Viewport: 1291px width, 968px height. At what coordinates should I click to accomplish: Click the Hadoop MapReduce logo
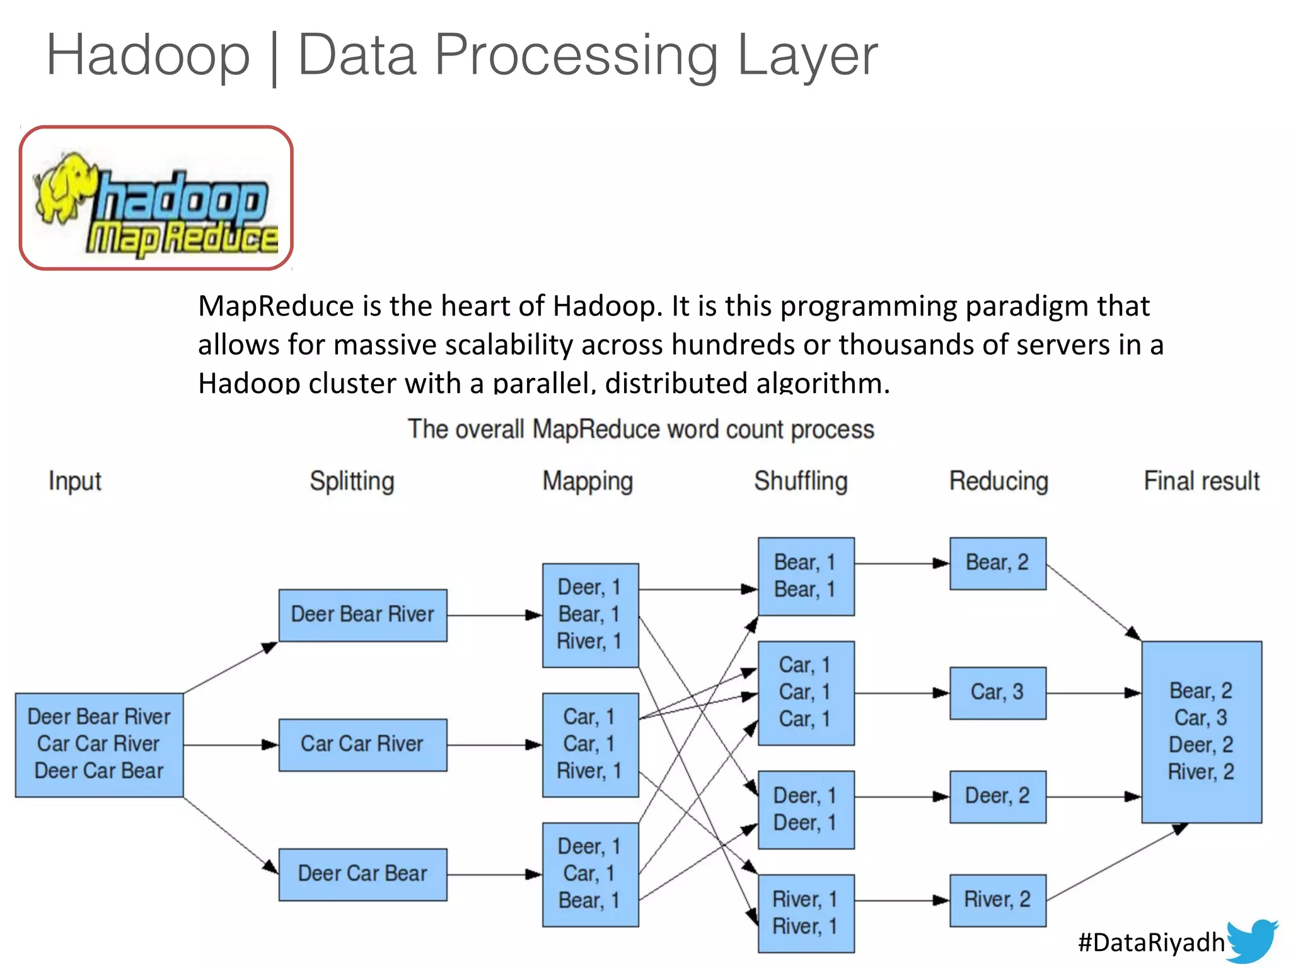coord(156,199)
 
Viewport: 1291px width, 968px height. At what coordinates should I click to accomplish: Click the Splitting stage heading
coord(352,481)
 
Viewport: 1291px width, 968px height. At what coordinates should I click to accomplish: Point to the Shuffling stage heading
coord(801,481)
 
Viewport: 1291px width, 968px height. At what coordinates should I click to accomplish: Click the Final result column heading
coord(1201,481)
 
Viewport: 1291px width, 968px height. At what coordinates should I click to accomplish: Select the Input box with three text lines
coord(100,745)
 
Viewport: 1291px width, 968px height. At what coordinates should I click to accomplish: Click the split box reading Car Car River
coord(362,745)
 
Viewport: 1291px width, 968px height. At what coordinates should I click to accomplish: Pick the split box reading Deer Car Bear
coord(362,874)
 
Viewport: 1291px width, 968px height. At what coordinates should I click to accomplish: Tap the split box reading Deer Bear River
coord(362,615)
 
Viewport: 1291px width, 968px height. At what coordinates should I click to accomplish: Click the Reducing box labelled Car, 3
coord(997,693)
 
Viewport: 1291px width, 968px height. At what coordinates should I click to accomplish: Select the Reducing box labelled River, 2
coord(997,900)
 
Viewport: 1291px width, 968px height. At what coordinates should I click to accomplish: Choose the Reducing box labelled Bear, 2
coord(997,563)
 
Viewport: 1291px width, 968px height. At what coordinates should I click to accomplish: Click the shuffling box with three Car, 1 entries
coord(806,693)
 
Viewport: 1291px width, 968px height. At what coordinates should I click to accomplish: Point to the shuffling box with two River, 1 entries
coord(806,913)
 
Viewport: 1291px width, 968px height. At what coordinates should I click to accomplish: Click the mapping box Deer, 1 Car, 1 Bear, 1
coord(590,874)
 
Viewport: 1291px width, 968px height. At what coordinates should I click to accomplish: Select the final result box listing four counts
coord(1201,732)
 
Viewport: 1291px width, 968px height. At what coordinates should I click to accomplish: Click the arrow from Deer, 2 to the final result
coord(1094,797)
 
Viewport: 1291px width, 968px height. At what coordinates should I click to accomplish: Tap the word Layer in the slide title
coord(807,55)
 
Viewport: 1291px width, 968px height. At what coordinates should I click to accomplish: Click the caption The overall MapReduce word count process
coord(640,430)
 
